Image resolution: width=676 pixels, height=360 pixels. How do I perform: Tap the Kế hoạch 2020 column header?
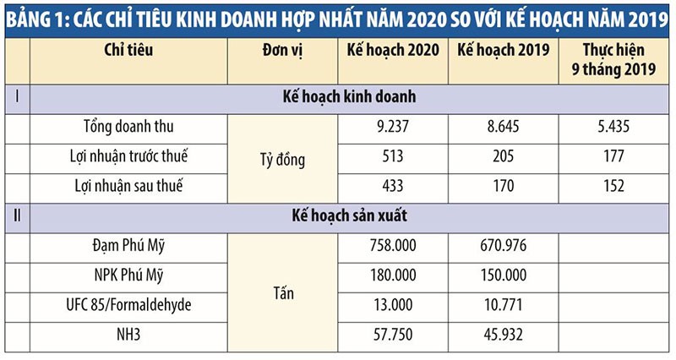pyautogui.click(x=393, y=50)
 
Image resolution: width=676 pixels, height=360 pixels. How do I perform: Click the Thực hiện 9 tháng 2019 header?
pyautogui.click(x=614, y=59)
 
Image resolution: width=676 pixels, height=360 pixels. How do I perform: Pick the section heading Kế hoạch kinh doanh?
pyautogui.click(x=347, y=97)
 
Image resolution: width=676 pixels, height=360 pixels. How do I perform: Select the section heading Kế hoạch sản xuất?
pyautogui.click(x=347, y=216)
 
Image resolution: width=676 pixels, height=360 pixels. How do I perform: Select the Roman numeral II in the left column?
pyautogui.click(x=17, y=216)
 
